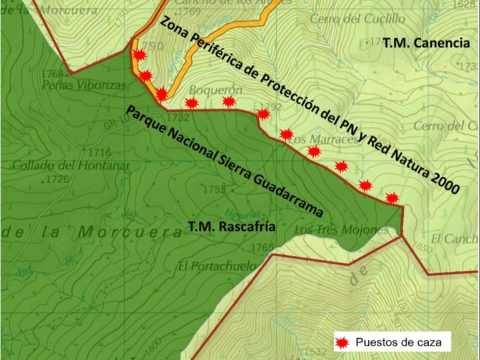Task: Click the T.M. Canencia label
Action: pos(426,44)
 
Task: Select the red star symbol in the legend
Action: pos(341,342)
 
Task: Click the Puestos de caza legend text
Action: pos(398,342)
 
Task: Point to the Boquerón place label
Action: pos(215,89)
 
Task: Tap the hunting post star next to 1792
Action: pos(263,114)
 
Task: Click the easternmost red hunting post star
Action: pos(392,198)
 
